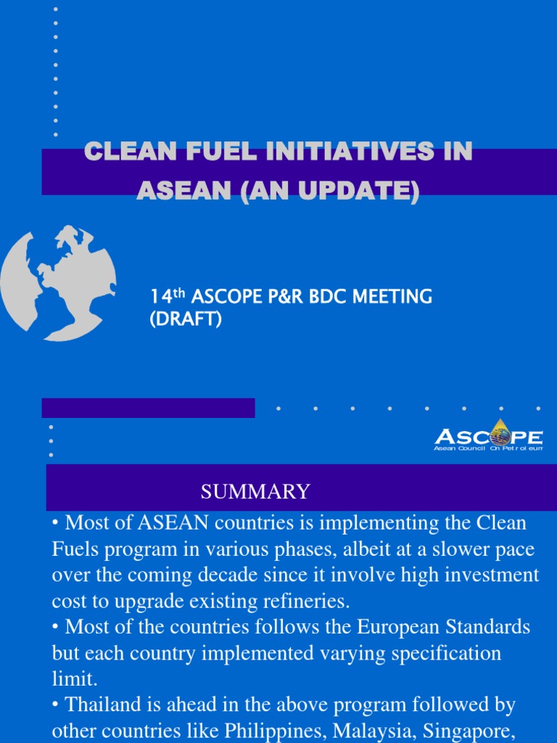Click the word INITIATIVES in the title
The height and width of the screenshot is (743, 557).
(x=349, y=152)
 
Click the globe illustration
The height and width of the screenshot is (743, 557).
(x=58, y=282)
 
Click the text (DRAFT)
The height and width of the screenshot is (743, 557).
(x=185, y=319)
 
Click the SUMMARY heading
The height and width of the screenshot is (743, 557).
(x=255, y=492)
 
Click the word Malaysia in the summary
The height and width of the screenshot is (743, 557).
(x=381, y=730)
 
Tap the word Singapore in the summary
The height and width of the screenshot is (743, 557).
(x=473, y=730)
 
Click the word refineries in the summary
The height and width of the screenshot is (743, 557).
(x=305, y=602)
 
